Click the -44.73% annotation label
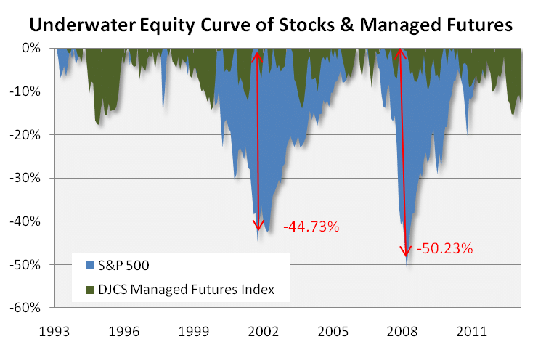point(311,227)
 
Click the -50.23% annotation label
point(444,249)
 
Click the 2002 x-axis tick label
point(264,332)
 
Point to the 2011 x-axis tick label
point(473,332)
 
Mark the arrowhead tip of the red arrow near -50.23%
point(405,258)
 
